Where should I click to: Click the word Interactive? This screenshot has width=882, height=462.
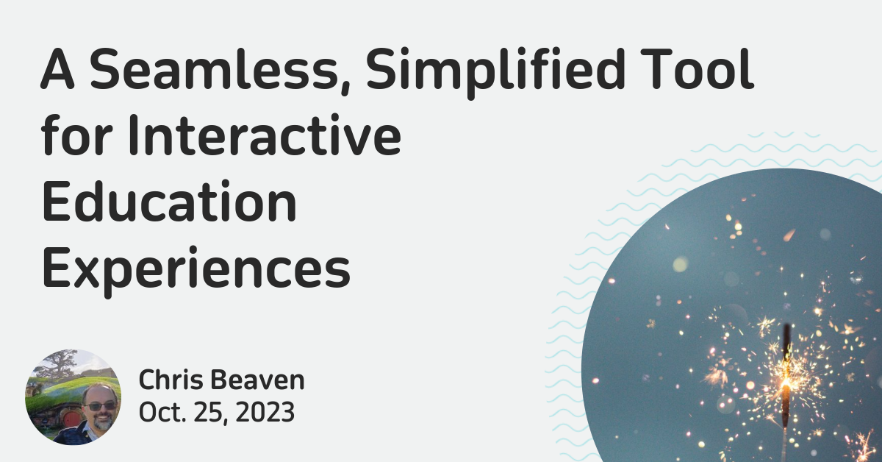(x=264, y=135)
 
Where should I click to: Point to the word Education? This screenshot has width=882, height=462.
(x=169, y=201)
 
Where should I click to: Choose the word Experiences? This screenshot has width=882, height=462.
(x=196, y=271)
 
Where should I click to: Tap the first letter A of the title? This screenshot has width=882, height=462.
(x=57, y=68)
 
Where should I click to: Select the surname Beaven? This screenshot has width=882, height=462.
(x=257, y=380)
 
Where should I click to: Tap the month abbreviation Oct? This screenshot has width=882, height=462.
(x=162, y=412)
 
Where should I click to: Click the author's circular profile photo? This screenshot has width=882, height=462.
(x=73, y=397)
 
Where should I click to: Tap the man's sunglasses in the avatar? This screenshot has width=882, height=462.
(x=101, y=406)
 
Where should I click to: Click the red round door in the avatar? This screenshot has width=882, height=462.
(x=71, y=419)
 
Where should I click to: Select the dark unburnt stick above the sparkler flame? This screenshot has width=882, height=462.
(x=786, y=342)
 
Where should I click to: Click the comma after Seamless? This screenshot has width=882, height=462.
(x=345, y=88)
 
